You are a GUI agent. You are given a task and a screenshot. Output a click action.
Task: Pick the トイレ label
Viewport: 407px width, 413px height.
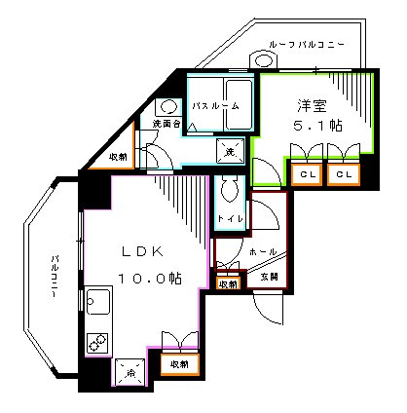(230, 220)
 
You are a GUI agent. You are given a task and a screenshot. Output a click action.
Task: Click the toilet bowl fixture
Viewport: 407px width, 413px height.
(231, 189)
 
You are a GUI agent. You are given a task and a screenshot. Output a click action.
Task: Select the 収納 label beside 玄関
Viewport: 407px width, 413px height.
(227, 283)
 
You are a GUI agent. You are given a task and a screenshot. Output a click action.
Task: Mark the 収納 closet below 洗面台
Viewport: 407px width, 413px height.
(118, 156)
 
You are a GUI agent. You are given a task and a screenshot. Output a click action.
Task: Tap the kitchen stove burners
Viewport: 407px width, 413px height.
(97, 342)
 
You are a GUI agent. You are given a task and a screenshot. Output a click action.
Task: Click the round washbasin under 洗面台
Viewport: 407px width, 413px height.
(167, 107)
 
